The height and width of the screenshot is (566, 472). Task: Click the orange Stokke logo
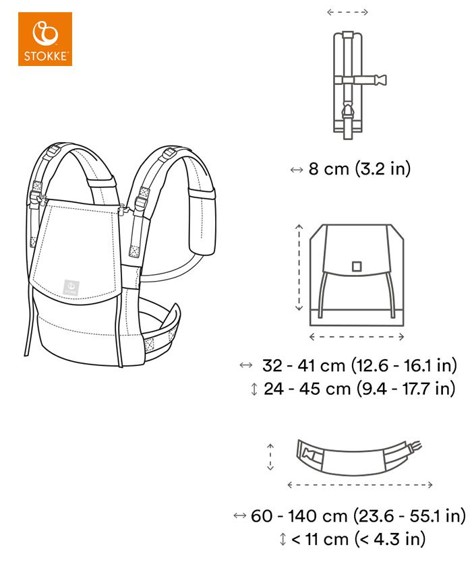point(45,39)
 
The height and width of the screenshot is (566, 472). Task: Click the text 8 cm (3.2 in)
point(359,168)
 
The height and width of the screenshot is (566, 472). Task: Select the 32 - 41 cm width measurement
point(359,365)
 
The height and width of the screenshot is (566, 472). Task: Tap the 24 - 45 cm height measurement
point(359,389)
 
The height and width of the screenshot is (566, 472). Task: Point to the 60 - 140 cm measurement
point(358,515)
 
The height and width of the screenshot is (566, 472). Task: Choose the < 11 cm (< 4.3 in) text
point(358,539)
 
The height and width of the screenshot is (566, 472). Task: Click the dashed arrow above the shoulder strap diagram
point(347,12)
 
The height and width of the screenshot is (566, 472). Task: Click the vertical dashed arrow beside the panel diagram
point(299,268)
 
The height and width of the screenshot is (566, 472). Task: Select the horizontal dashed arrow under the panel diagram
point(357,337)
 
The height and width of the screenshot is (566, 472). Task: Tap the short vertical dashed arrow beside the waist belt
point(270,458)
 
